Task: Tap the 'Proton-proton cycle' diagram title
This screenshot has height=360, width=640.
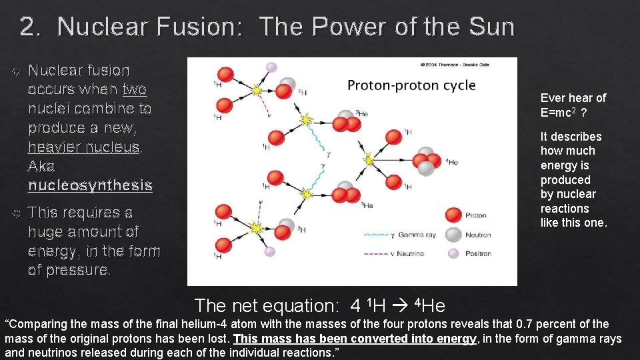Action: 411,85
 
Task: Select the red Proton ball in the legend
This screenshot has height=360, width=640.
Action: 454,215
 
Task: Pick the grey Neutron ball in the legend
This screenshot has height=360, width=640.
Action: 454,235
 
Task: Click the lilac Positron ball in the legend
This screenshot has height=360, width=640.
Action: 454,253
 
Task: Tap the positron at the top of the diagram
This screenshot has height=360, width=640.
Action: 271,67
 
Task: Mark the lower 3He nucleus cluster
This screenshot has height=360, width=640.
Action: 345,194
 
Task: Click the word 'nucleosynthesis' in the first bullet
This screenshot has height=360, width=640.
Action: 90,185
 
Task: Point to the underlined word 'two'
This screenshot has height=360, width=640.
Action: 135,89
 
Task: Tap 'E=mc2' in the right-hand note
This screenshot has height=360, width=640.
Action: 559,113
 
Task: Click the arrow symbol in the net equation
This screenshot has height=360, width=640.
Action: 402,307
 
